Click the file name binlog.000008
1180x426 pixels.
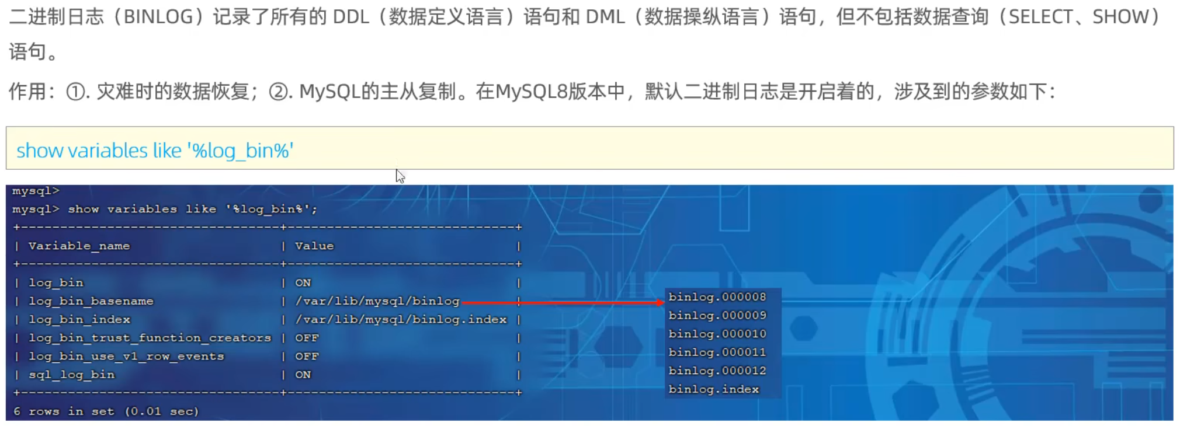click(x=717, y=297)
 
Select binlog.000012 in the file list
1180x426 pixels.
click(x=717, y=371)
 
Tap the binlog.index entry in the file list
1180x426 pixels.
click(x=713, y=389)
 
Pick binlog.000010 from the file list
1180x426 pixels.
click(x=717, y=334)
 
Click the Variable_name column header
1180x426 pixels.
click(x=79, y=246)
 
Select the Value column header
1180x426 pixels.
click(x=314, y=246)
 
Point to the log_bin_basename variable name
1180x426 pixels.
click(x=91, y=301)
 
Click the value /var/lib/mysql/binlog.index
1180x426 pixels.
click(x=401, y=320)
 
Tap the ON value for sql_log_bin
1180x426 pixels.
click(x=303, y=375)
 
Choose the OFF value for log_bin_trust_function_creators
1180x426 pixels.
click(x=307, y=338)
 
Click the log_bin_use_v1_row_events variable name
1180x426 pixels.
click(x=126, y=357)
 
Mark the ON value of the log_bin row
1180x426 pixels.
click(x=303, y=283)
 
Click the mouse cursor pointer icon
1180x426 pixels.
click(x=400, y=176)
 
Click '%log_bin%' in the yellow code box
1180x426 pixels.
click(x=240, y=151)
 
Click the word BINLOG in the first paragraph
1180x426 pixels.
click(x=158, y=16)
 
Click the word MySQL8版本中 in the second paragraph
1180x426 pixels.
click(x=560, y=92)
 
